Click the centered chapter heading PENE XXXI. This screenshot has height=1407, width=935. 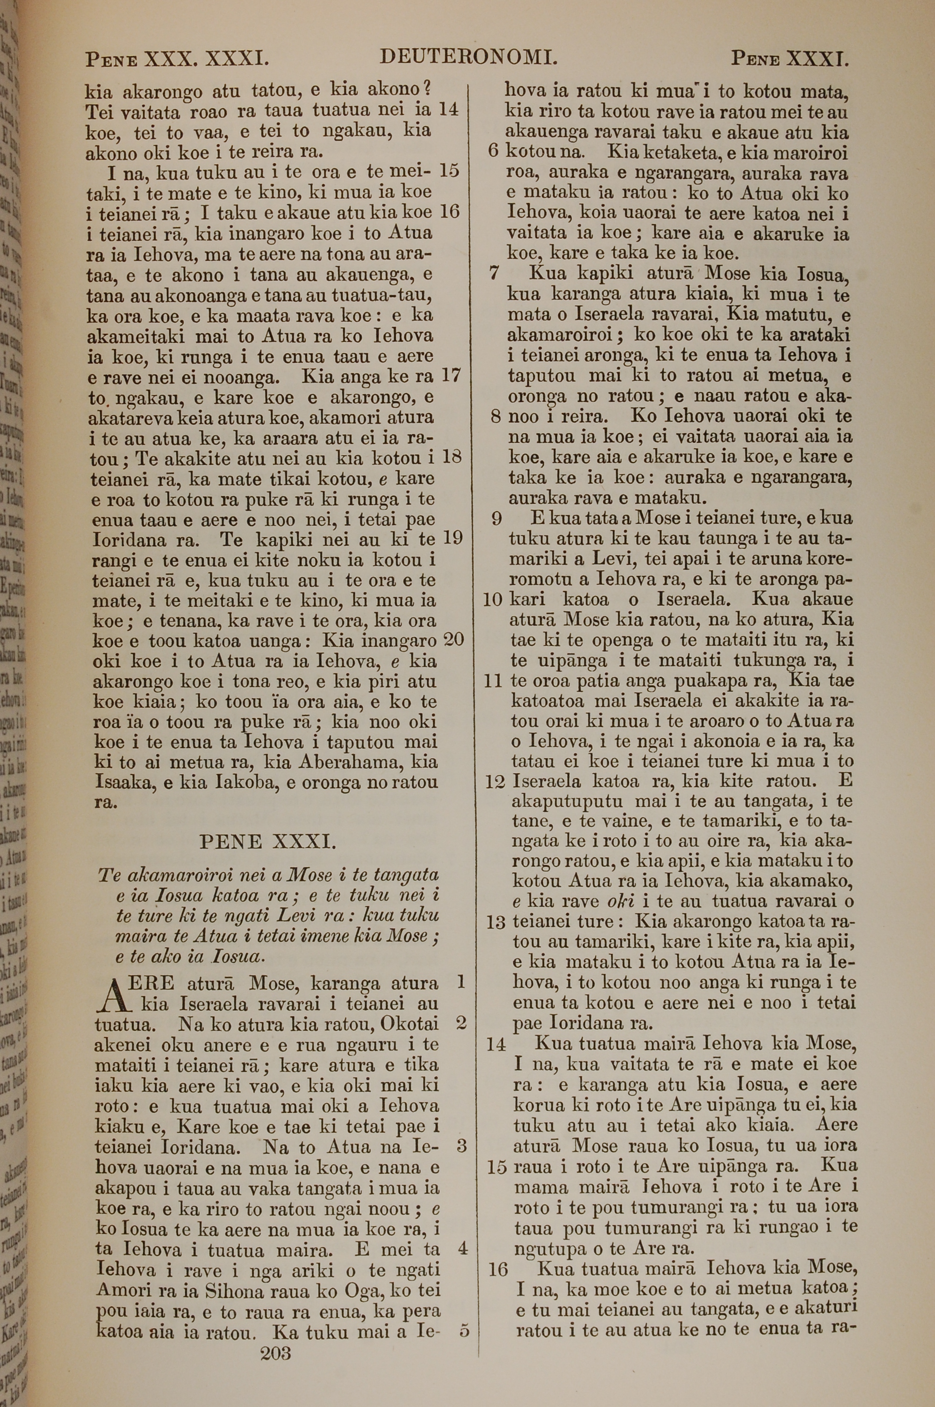[x=268, y=841]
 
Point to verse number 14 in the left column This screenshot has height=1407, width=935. [x=448, y=109]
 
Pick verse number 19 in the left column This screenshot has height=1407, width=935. [x=453, y=538]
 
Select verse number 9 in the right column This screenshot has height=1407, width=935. [x=496, y=519]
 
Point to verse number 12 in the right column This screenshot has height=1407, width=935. [x=495, y=781]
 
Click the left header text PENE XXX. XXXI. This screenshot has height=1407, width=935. [x=177, y=59]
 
